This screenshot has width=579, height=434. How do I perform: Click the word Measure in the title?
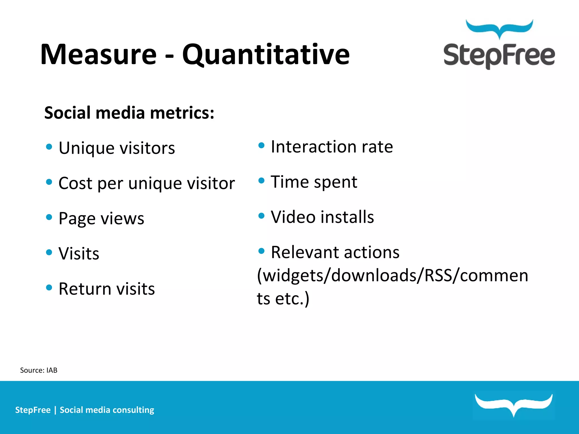pyautogui.click(x=98, y=54)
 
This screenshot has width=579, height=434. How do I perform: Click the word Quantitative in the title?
pyautogui.click(x=266, y=54)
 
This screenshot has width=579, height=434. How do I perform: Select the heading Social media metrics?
pyautogui.click(x=129, y=113)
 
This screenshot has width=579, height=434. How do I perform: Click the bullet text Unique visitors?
pyautogui.click(x=116, y=148)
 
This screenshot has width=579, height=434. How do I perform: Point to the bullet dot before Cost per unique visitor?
pyautogui.click(x=49, y=182)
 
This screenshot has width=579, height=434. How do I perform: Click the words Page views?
pyautogui.click(x=101, y=218)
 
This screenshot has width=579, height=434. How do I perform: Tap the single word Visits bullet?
pyautogui.click(x=79, y=253)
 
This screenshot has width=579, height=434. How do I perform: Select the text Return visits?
pyautogui.click(x=107, y=289)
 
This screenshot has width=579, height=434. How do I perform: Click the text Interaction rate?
pyautogui.click(x=332, y=147)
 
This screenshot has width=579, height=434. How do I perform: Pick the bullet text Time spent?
pyautogui.click(x=314, y=182)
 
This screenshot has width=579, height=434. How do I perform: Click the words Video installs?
pyautogui.click(x=322, y=217)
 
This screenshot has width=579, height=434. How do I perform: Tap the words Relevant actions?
pyautogui.click(x=335, y=252)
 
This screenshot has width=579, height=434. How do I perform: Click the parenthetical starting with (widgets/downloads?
pyautogui.click(x=392, y=275)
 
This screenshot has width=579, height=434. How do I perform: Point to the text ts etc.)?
pyautogui.click(x=283, y=298)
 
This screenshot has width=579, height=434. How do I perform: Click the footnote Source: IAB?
pyautogui.click(x=39, y=370)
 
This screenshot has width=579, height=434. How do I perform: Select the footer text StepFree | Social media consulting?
pyautogui.click(x=85, y=410)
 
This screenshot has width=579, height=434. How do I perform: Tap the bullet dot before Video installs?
pyautogui.click(x=262, y=216)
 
